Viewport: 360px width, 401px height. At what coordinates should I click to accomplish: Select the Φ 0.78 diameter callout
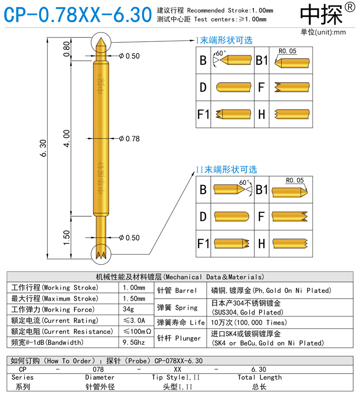[x=129, y=139]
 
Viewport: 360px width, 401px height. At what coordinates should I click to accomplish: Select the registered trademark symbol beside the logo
[x=349, y=9]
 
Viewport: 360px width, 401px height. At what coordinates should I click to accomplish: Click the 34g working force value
[x=129, y=309]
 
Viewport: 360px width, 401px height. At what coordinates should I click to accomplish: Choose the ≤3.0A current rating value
[x=134, y=320]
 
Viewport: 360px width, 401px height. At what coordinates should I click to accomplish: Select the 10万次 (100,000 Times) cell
[x=249, y=322]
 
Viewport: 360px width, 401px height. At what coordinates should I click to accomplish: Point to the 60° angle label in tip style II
[x=244, y=182]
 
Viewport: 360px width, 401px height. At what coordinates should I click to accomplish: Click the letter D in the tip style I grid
[x=203, y=87]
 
